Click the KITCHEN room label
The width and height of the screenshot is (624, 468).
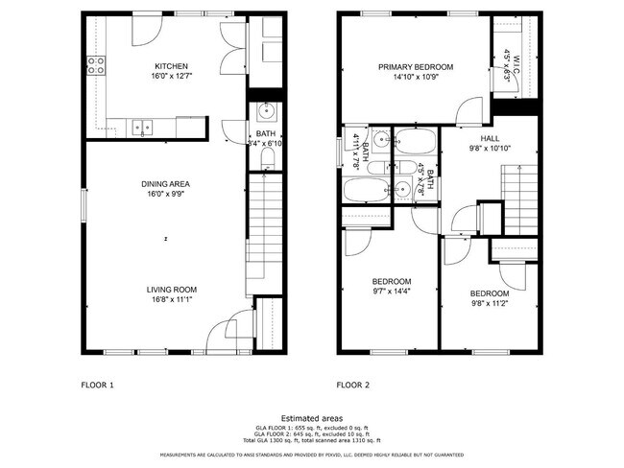point(172,66)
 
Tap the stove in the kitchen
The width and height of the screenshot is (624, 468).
point(97,65)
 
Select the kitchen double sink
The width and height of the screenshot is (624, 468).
point(142,125)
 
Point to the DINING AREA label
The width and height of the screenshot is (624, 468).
point(166,183)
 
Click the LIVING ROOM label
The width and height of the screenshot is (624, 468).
point(171,289)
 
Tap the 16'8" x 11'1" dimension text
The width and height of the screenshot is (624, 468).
point(171,299)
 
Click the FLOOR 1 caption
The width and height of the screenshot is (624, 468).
point(97,385)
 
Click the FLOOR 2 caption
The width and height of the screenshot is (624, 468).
point(352,385)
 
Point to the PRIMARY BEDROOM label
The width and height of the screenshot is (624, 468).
point(415,67)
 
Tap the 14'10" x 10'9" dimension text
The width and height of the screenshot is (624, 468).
point(415,77)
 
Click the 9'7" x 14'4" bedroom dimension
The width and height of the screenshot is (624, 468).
point(392,291)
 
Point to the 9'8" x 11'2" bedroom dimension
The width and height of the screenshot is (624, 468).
point(489,303)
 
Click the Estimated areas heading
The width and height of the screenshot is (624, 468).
point(312,417)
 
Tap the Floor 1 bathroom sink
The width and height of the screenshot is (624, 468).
point(265,109)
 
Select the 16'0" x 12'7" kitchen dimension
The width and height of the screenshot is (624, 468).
point(172,77)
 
